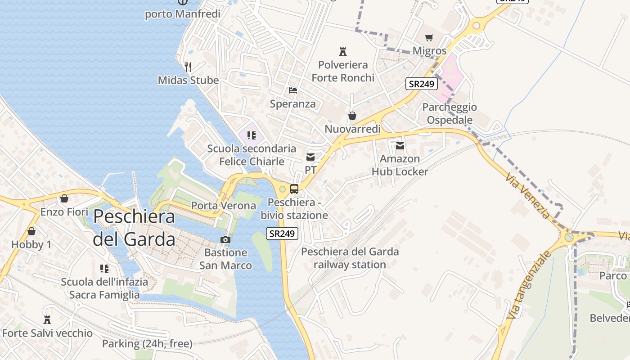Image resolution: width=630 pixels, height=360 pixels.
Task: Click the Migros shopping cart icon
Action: [429, 37]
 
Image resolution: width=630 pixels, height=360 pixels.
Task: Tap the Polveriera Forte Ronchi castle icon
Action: [343, 51]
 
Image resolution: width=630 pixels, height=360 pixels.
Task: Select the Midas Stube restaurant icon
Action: [188, 67]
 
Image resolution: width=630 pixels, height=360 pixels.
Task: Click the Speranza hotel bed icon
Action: [293, 90]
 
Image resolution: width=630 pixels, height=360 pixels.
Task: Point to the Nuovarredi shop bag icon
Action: [352, 116]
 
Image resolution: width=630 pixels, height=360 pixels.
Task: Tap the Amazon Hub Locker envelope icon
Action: [400, 145]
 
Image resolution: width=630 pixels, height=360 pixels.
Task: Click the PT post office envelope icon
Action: [310, 157]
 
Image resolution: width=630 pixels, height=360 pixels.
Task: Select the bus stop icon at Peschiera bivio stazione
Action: [294, 189]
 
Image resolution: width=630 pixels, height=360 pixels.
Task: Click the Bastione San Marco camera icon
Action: [225, 239]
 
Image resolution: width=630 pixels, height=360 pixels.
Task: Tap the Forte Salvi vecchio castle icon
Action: [47, 320]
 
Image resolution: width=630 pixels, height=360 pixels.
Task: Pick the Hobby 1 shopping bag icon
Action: [31, 232]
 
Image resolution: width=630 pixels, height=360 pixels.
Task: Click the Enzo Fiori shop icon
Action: [64, 198]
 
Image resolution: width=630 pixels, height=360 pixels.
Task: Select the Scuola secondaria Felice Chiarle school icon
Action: [252, 135]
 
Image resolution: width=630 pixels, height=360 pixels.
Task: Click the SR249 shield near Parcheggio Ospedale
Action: [422, 84]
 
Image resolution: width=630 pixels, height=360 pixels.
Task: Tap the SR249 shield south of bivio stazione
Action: [282, 234]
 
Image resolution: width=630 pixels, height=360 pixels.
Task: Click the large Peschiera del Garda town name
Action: [134, 228]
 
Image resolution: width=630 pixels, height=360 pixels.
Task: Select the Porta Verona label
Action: [224, 206]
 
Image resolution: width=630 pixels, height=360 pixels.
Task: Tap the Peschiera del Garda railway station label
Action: [350, 258]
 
